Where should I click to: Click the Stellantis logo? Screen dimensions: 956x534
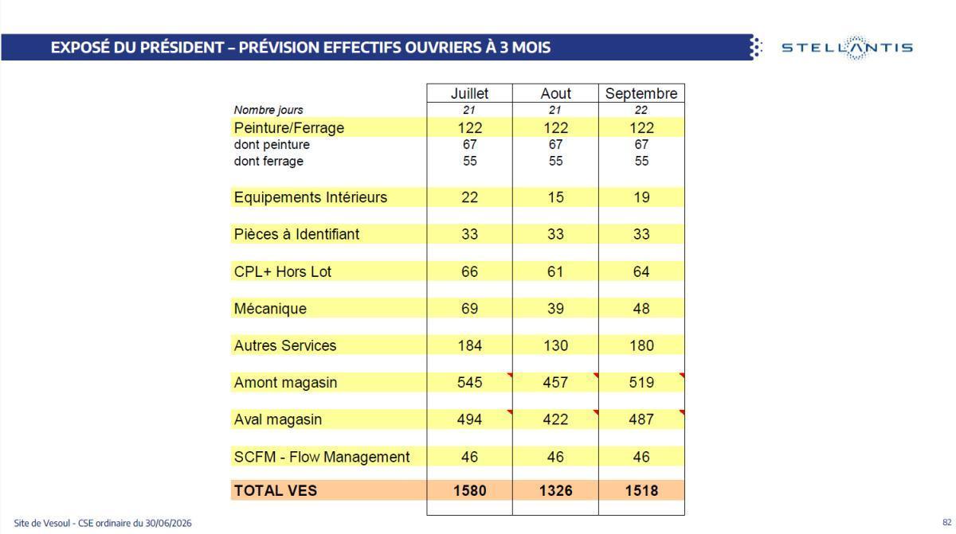tap(847, 47)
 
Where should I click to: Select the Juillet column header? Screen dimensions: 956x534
tap(469, 93)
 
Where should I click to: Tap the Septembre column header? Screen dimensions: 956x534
tap(641, 93)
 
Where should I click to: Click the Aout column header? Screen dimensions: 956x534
tap(555, 93)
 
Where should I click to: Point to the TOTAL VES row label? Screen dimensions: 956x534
tap(276, 490)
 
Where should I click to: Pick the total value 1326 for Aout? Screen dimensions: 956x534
tap(555, 490)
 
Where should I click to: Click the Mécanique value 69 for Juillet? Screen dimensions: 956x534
tap(469, 309)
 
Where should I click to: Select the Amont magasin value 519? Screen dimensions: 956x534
tap(641, 382)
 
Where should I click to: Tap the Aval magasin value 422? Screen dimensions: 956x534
tap(555, 419)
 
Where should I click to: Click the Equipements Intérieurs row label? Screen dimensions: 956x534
tap(310, 197)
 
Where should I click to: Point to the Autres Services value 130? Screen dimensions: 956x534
tap(555, 345)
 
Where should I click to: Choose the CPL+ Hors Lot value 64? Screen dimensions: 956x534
tap(641, 271)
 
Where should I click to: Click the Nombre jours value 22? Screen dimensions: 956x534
tap(641, 110)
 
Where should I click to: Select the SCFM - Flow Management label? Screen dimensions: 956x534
tap(321, 457)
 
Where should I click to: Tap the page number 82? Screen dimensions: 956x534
tap(947, 523)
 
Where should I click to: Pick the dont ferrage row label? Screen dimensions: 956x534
tap(268, 161)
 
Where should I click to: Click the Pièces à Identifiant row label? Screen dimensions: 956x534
tap(296, 235)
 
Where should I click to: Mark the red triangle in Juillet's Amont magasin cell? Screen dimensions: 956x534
tap(510, 375)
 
